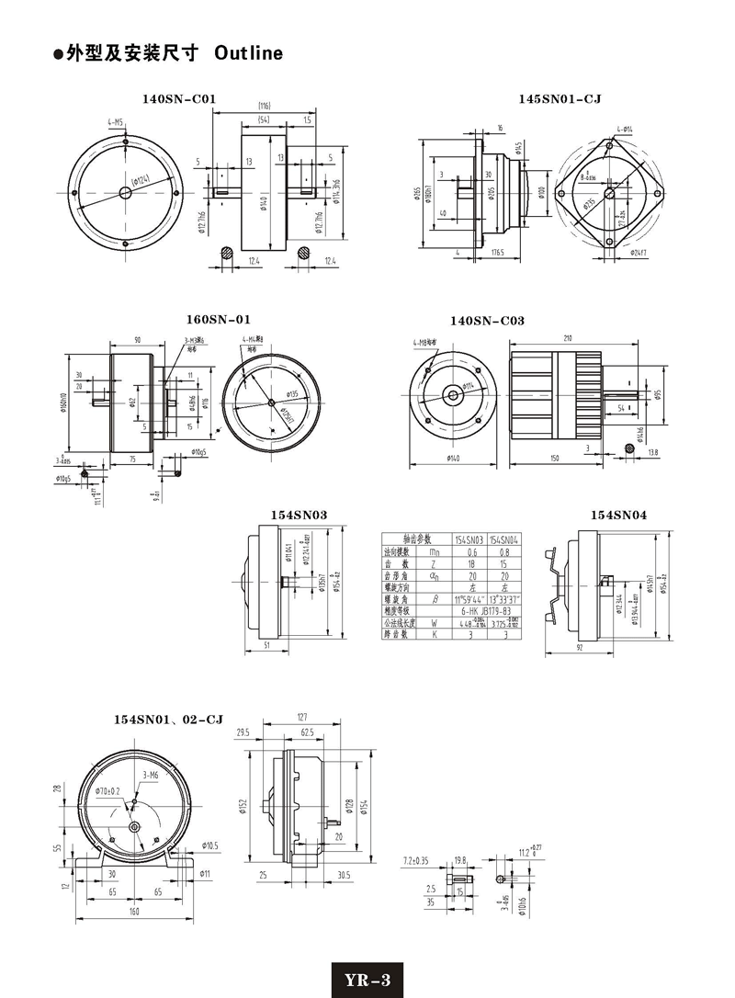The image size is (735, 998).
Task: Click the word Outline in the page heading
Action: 248,54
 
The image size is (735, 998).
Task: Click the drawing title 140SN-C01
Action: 179,98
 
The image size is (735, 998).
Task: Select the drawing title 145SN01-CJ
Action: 546,98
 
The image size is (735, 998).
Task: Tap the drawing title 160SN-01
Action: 218,320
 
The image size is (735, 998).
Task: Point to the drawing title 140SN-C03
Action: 487,321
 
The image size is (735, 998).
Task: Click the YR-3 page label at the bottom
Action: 367,980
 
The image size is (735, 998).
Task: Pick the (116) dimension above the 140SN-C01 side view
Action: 264,105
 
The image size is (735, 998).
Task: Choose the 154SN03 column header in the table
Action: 470,540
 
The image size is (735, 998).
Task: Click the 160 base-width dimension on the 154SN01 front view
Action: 135,913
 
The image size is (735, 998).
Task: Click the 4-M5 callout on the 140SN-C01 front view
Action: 116,122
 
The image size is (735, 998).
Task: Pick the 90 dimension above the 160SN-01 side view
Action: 137,340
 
